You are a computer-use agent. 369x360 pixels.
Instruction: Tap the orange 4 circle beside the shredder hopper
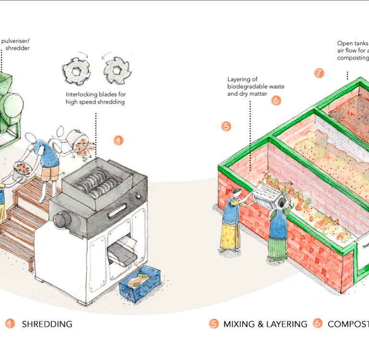pos(119,141)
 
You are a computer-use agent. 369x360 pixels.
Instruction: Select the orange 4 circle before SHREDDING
pos(10,324)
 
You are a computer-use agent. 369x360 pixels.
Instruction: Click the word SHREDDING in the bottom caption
pos(47,324)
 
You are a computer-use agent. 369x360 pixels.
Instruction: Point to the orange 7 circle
pos(319,73)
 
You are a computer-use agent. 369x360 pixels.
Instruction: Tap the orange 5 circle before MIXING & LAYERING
pos(214,324)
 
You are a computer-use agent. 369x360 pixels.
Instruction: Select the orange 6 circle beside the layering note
pos(276,100)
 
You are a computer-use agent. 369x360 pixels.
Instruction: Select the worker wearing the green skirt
pos(278,230)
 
